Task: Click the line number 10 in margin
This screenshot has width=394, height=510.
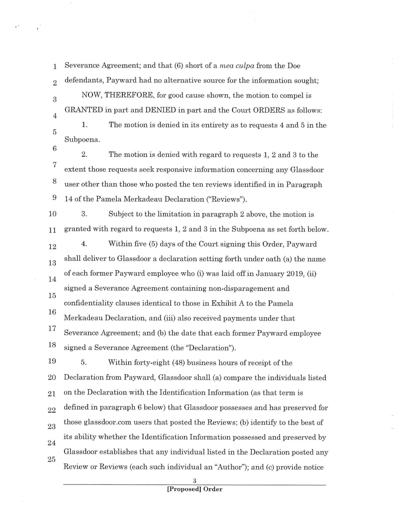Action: (52, 214)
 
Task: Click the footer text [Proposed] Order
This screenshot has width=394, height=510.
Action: (195, 489)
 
